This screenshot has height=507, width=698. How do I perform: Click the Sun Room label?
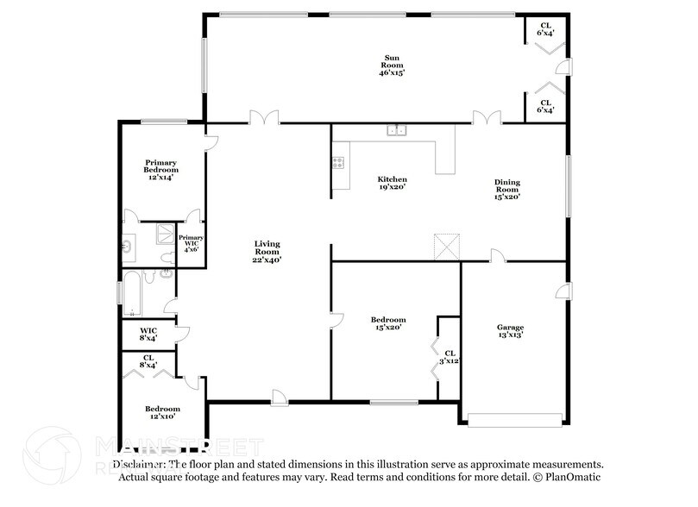[x=392, y=66]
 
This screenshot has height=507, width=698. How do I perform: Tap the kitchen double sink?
[x=398, y=130]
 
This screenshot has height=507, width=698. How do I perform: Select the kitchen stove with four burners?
[x=338, y=161]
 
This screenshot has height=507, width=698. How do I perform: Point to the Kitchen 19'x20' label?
[x=392, y=184]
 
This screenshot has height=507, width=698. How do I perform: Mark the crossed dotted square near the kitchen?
[x=445, y=247]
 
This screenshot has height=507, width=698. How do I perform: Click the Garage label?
[x=510, y=331]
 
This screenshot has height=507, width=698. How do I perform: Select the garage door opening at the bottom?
[x=513, y=420]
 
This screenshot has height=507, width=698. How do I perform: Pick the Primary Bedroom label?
[x=161, y=166]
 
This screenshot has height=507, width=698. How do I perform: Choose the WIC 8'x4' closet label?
[x=148, y=334]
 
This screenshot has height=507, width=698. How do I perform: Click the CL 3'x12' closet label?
[x=450, y=357]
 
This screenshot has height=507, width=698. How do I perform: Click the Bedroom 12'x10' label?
[x=162, y=413]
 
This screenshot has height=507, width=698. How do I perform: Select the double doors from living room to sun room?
[x=263, y=117]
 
